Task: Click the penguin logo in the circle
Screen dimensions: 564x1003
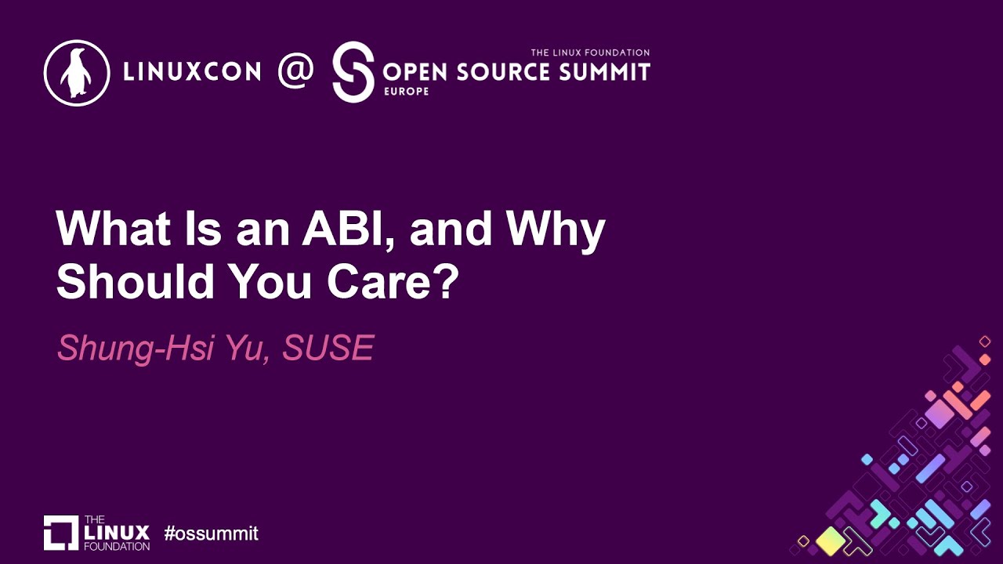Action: point(76,72)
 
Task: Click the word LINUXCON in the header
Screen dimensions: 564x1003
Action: point(192,72)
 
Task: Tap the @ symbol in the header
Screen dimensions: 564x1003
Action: point(296,70)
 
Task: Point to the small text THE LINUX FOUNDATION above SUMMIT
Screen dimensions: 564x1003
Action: point(590,52)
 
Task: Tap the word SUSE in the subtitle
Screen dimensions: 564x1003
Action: point(328,348)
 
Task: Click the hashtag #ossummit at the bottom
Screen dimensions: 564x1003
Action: point(211,534)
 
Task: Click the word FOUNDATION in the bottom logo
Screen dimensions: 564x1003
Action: point(116,545)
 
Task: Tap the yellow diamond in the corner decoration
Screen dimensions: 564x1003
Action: point(830,540)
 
